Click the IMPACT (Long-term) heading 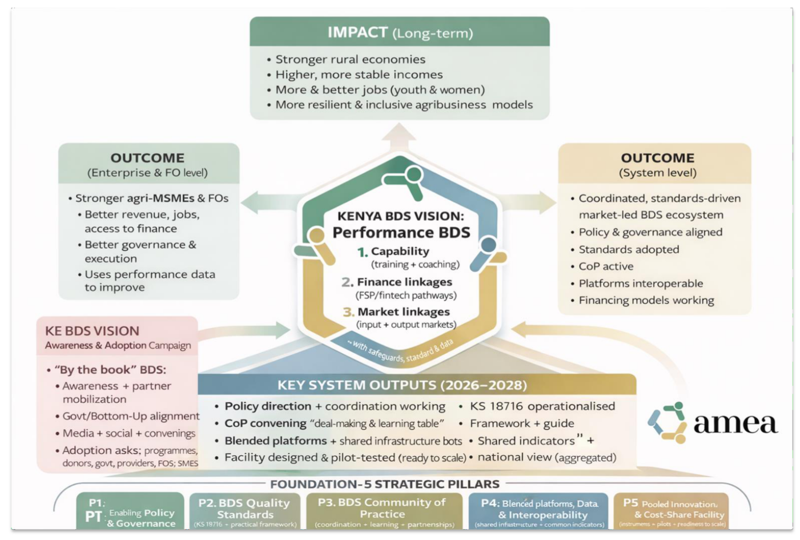(x=400, y=33)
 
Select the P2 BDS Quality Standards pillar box (x=245, y=512)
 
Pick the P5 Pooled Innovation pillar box (x=672, y=512)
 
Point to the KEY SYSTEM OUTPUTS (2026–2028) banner (x=402, y=385)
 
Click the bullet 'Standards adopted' (x=629, y=249)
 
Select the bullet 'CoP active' (x=606, y=266)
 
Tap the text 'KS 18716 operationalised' (x=542, y=406)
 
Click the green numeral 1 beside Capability (x=362, y=252)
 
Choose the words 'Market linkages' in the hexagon (x=404, y=312)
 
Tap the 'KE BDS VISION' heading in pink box (x=92, y=331)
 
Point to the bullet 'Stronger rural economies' (x=350, y=60)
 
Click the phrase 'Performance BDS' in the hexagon (x=401, y=233)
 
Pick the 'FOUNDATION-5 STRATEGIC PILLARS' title (x=384, y=484)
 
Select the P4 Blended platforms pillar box (x=539, y=512)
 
